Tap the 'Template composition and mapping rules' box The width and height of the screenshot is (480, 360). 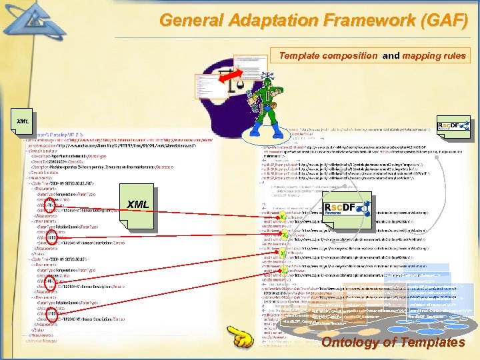click(373, 56)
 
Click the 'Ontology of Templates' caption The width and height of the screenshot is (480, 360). click(393, 343)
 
